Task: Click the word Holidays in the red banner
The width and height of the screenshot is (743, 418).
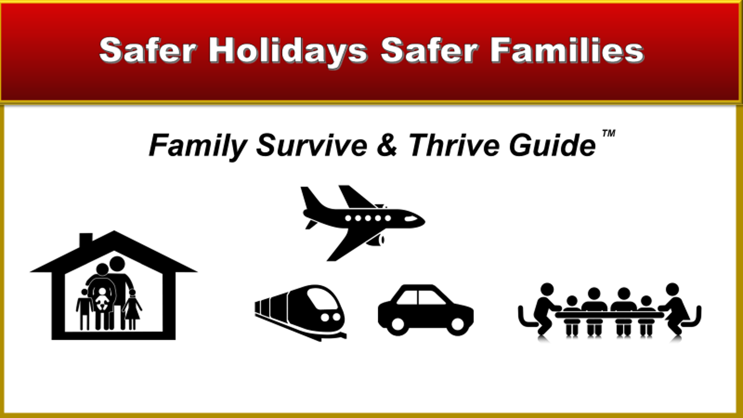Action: pyautogui.click(x=288, y=51)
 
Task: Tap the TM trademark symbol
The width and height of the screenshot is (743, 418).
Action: pyautogui.click(x=609, y=133)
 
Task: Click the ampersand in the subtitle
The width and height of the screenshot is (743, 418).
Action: pyautogui.click(x=387, y=145)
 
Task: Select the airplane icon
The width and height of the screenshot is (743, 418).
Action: pyautogui.click(x=363, y=223)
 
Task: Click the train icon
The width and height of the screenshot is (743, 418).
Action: pyautogui.click(x=300, y=312)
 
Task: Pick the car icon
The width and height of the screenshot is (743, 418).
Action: pyautogui.click(x=426, y=310)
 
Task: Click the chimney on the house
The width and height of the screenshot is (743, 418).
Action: pyautogui.click(x=86, y=239)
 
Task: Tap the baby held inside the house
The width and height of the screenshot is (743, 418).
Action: pyautogui.click(x=102, y=299)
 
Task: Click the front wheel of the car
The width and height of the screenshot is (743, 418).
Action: pyautogui.click(x=457, y=324)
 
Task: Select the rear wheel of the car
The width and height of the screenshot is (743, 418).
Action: pyautogui.click(x=398, y=324)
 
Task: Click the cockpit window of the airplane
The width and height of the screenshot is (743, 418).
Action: pyautogui.click(x=411, y=219)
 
